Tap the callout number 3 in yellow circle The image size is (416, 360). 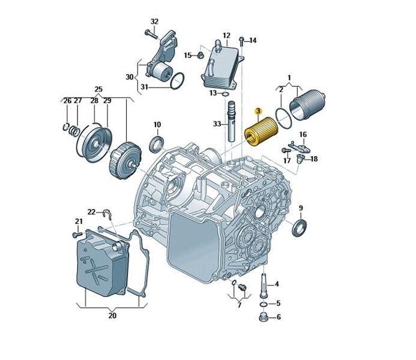click(x=258, y=112)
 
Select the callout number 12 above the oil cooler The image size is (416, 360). click(x=226, y=35)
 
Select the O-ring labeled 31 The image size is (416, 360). click(x=177, y=80)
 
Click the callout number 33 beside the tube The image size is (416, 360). click(x=217, y=124)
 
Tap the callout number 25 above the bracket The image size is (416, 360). click(x=98, y=89)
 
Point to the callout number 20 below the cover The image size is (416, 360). click(x=112, y=315)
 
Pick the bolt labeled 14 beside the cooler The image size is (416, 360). click(x=241, y=41)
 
